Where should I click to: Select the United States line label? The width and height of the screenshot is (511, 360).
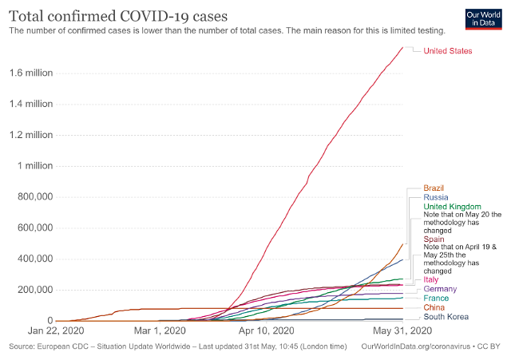pos(447,51)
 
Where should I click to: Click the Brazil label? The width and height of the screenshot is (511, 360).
pos(435,188)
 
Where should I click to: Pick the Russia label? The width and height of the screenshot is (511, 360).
pos(436,197)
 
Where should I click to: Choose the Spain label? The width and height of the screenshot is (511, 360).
pos(435,239)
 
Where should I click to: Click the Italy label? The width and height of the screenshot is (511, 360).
pos(432,279)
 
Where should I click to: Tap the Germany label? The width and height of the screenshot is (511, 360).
pos(440,289)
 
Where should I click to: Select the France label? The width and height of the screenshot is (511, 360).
pos(436,298)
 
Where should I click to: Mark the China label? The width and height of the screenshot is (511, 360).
pos(434,307)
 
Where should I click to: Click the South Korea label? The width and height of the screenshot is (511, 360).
pos(446,317)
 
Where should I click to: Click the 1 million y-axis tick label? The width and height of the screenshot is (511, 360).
pos(35,166)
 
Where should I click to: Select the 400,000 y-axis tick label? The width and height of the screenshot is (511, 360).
pos(34,259)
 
